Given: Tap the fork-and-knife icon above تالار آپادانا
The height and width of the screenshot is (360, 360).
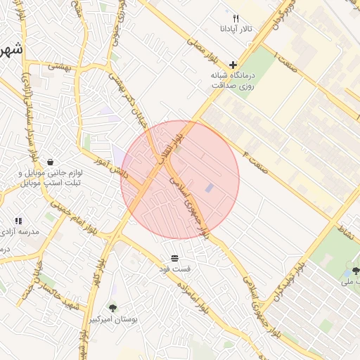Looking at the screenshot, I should point(236,18).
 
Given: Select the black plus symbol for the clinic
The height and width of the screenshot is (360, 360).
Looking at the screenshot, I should point(233,64).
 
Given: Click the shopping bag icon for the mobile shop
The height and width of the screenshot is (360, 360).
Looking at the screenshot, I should point(50,162).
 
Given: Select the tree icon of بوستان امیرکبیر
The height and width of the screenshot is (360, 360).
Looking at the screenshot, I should point(112,307).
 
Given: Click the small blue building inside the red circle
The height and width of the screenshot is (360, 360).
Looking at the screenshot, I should point(210,188).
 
